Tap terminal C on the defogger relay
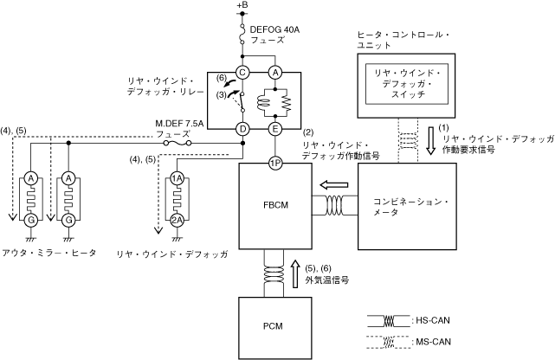click(242, 73)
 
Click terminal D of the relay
click(242, 129)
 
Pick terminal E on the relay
click(275, 129)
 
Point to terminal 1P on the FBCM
click(275, 163)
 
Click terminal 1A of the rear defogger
click(177, 178)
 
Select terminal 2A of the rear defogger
click(177, 221)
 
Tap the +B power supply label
click(242, 5)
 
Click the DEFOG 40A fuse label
click(274, 35)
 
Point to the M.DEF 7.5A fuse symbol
click(177, 144)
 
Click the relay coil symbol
click(263, 103)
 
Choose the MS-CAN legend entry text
click(431, 342)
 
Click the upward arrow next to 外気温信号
click(296, 273)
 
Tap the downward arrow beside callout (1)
click(430, 141)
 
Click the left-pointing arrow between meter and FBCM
click(333, 185)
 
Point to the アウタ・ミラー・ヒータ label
click(49, 253)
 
